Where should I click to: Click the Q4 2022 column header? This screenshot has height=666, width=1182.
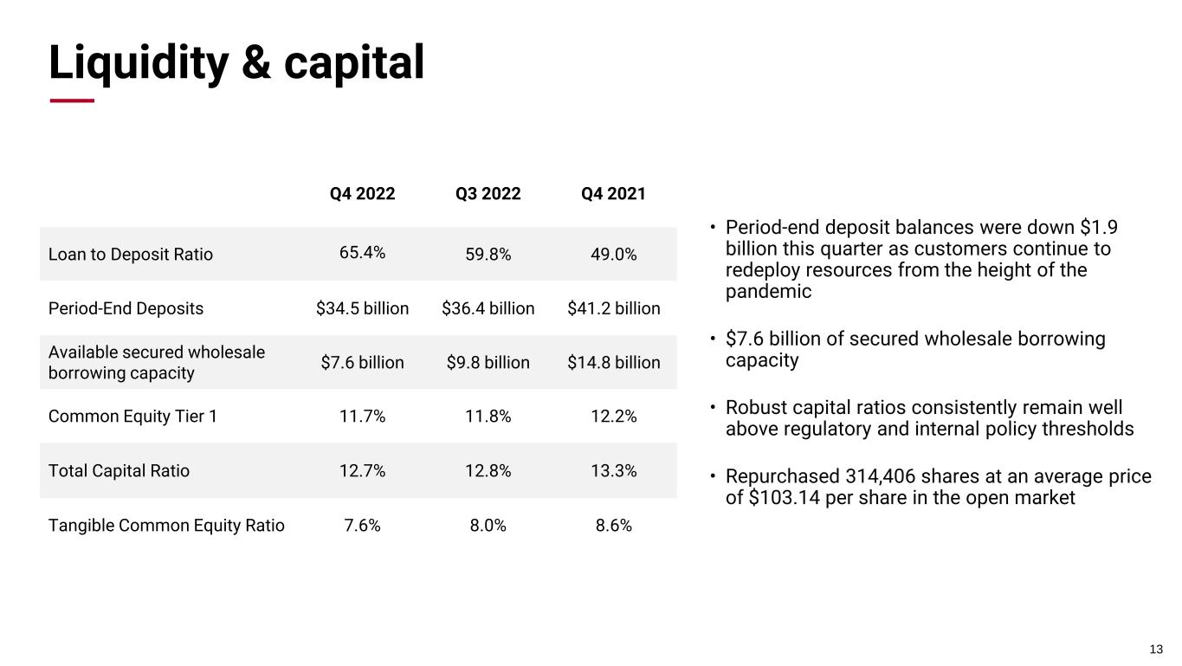pos(362,194)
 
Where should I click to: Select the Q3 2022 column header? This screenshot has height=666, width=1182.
pos(488,194)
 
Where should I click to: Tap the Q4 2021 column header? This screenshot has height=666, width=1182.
pos(613,194)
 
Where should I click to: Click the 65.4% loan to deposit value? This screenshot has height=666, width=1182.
pos(362,252)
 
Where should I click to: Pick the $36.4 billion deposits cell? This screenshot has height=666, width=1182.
pos(488,308)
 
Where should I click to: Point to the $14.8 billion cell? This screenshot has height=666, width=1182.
pos(614,363)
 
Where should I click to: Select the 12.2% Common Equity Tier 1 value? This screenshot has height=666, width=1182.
pos(614,417)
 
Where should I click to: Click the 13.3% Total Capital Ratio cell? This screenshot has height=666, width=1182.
pos(614,470)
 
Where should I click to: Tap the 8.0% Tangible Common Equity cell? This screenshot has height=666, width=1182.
pos(488,525)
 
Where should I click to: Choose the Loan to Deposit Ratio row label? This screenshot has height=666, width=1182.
pos(131,255)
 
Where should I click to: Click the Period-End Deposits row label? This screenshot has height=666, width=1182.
pos(126,308)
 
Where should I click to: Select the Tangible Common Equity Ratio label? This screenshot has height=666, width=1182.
pos(166,526)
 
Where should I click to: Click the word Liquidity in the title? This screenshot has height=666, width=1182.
pos(139,63)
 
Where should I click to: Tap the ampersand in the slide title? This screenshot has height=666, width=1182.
pos(256,62)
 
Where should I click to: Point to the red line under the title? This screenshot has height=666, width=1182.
pos(72,100)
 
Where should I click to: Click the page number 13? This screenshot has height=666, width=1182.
pos(1156,650)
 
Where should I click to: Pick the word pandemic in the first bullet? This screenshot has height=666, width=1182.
pos(768,292)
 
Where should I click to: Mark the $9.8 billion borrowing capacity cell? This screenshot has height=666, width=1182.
pos(488,363)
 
